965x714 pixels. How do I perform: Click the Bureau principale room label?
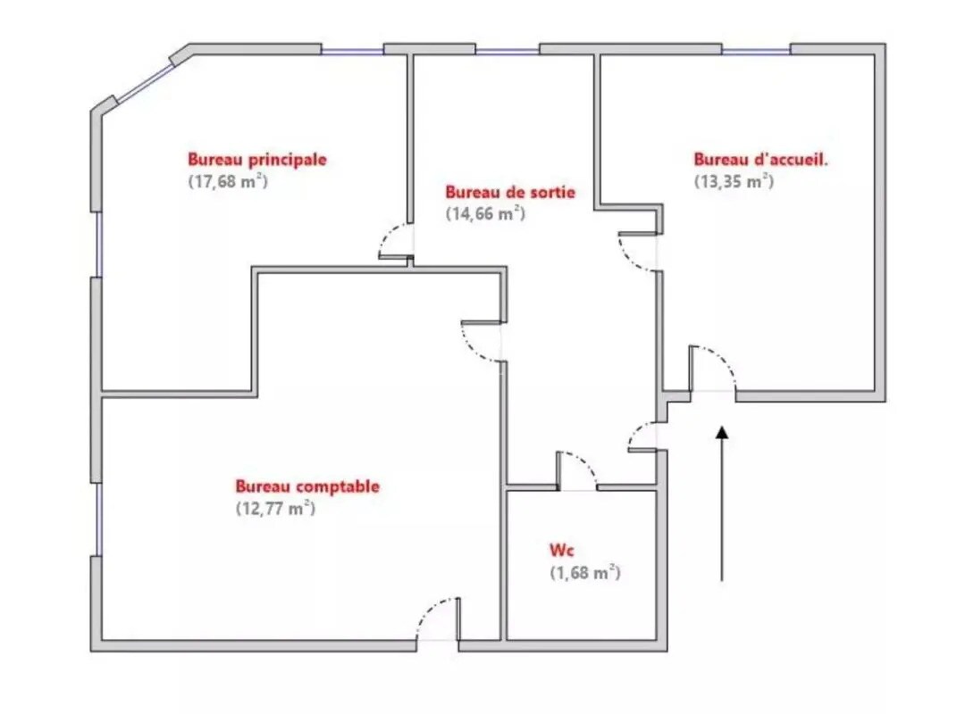[x=256, y=160]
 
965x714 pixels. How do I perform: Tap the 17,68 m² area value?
[x=228, y=180]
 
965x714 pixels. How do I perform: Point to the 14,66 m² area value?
[x=484, y=213]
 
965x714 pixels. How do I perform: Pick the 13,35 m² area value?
[x=733, y=180]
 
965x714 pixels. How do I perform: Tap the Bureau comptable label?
[x=307, y=486]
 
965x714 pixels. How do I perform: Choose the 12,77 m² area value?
[x=274, y=509]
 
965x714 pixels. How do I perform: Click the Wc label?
[x=560, y=551]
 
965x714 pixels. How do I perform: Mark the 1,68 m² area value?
[x=584, y=573]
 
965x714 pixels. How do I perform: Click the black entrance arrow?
[x=722, y=504]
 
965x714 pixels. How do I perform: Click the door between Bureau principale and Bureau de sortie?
[x=396, y=241]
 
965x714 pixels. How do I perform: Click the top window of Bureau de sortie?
[x=508, y=50]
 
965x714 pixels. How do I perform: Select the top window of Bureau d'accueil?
[x=756, y=50]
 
